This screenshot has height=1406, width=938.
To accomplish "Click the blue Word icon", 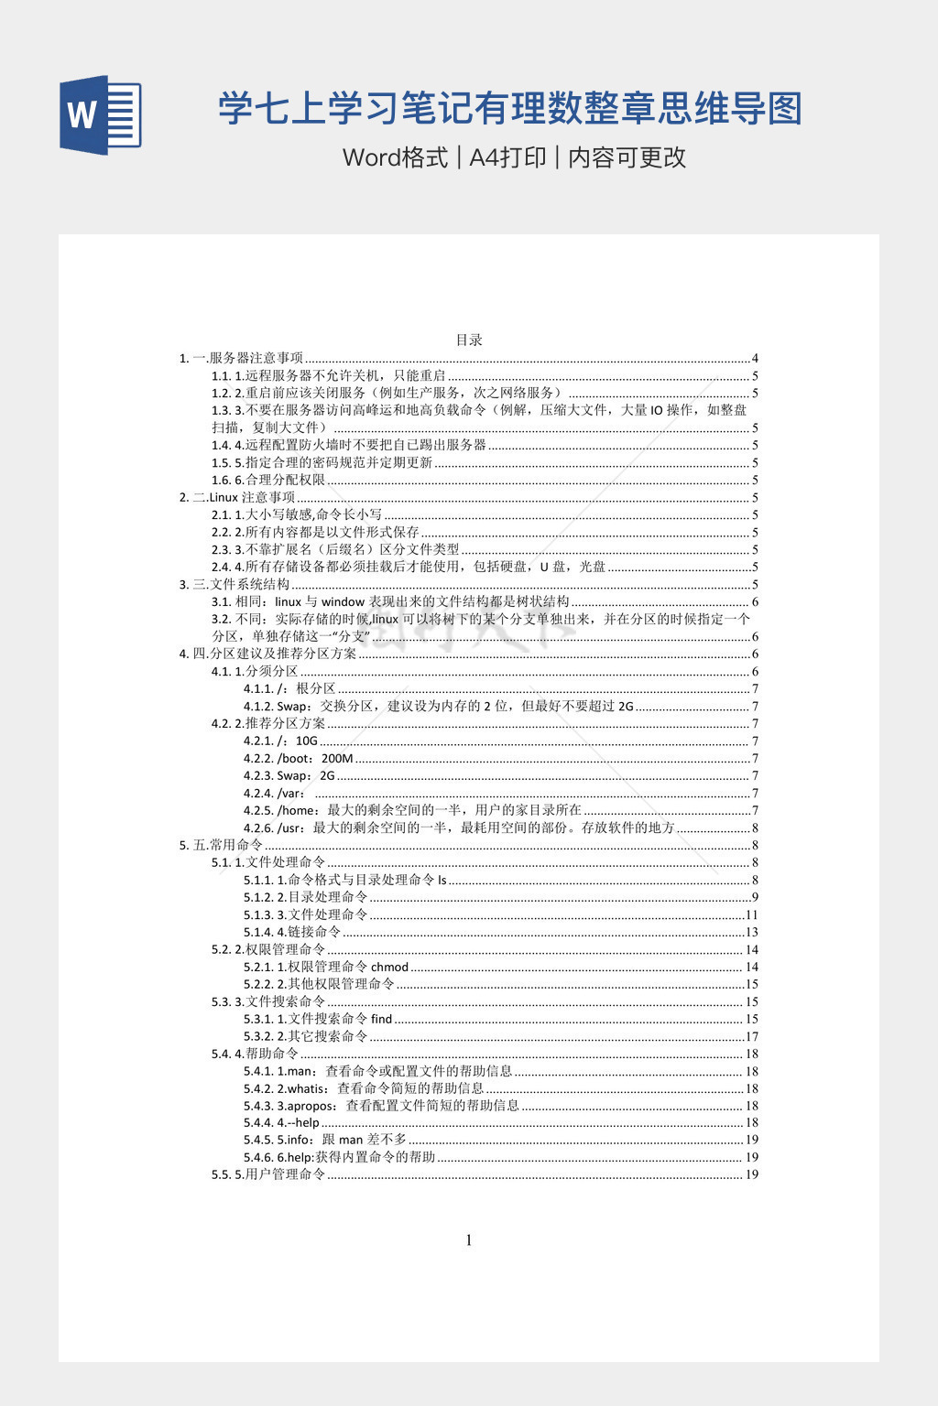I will click(x=101, y=114).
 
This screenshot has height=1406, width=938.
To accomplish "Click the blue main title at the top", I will click(x=509, y=109).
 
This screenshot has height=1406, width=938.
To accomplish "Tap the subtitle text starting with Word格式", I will click(x=514, y=157).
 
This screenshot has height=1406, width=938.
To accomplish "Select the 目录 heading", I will click(x=469, y=340).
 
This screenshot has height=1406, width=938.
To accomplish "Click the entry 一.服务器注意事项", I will click(x=242, y=358).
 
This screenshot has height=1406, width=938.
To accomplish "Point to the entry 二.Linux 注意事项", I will click(x=237, y=497).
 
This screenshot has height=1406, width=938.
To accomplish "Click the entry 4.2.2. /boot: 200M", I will click(x=299, y=758).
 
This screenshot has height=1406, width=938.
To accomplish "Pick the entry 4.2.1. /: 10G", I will click(x=280, y=741).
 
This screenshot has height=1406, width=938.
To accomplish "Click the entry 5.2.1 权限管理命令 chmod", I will click(x=326, y=967).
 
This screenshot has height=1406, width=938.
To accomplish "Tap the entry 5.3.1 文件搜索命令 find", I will click(x=318, y=1019).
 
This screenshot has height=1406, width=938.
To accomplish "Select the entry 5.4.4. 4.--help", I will click(x=282, y=1122).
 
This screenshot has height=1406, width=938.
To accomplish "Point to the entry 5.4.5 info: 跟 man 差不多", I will click(x=325, y=1140).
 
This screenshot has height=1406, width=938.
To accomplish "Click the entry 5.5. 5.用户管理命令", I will click(x=268, y=1174).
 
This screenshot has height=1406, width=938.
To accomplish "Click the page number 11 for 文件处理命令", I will click(x=752, y=914).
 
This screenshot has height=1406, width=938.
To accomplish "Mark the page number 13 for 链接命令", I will click(x=752, y=932).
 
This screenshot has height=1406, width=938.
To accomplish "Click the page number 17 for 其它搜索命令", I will click(x=752, y=1036).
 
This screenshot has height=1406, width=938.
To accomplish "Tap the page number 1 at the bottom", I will click(x=469, y=1240).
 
